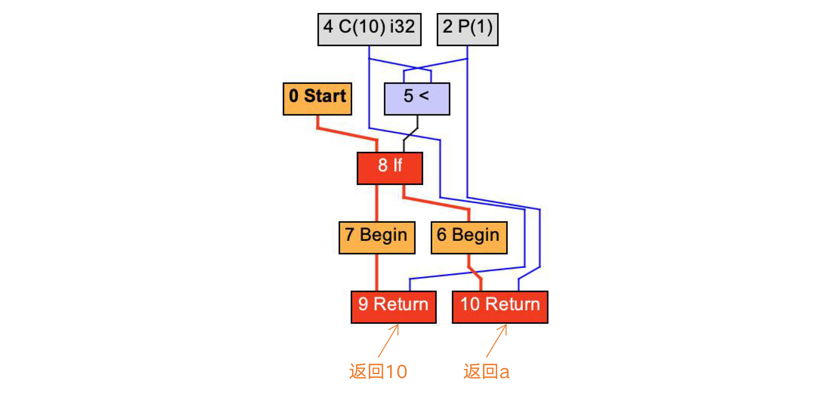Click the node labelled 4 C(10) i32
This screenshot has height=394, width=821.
click(x=369, y=29)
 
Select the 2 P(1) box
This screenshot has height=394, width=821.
click(x=467, y=29)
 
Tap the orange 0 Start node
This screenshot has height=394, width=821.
click(x=317, y=99)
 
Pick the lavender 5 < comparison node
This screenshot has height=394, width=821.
click(x=417, y=99)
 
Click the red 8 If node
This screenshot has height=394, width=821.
click(x=390, y=168)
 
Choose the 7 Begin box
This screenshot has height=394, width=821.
click(x=377, y=237)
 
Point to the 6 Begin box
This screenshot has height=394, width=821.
click(x=469, y=237)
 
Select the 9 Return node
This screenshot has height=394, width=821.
click(x=393, y=307)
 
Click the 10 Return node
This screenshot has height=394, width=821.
click(x=500, y=307)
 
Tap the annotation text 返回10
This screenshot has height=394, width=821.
click(x=378, y=371)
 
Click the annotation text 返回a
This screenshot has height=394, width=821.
click(x=486, y=371)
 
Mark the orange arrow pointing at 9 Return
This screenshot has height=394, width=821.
click(x=388, y=340)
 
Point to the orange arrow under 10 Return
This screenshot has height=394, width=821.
click(x=496, y=340)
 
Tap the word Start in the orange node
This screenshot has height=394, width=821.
click(x=325, y=96)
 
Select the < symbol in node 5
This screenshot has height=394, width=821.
click(x=424, y=96)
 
